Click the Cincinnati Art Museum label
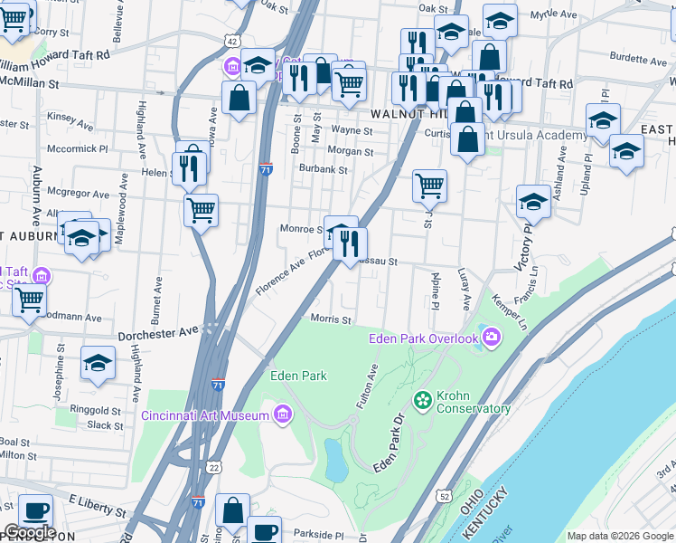(205, 415)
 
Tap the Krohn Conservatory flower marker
(421, 399)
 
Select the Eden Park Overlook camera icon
(491, 338)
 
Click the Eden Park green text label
(298, 376)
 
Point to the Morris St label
(330, 319)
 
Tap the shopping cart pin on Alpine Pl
(429, 186)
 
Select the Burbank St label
(324, 169)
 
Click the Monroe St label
(301, 229)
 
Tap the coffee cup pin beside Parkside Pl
(263, 530)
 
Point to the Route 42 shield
(233, 42)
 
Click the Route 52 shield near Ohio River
(443, 496)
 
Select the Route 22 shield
(213, 467)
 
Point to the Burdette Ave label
(638, 56)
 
